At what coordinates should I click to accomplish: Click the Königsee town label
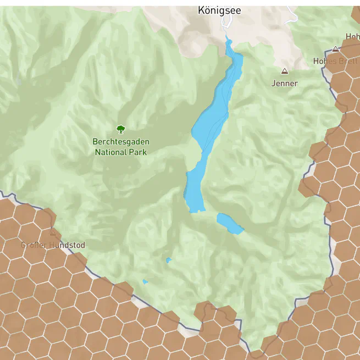pos(219,10)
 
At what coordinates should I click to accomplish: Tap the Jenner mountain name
pos(284,84)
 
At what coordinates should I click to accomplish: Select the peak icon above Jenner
pos(284,71)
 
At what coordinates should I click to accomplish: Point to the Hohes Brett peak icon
pos(335,49)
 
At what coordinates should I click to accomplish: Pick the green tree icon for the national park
pos(121,129)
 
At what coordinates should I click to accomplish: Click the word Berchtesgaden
pos(121,141)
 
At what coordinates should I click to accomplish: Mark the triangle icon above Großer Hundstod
pos(53,232)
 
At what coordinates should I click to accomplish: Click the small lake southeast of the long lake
pos(229,223)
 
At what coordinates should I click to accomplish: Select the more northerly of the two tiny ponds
pos(168,260)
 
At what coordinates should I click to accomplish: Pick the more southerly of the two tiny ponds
pos(145,281)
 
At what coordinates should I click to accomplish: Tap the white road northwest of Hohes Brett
pos(292,16)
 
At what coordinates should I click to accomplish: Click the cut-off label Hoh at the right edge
pos(352,37)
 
